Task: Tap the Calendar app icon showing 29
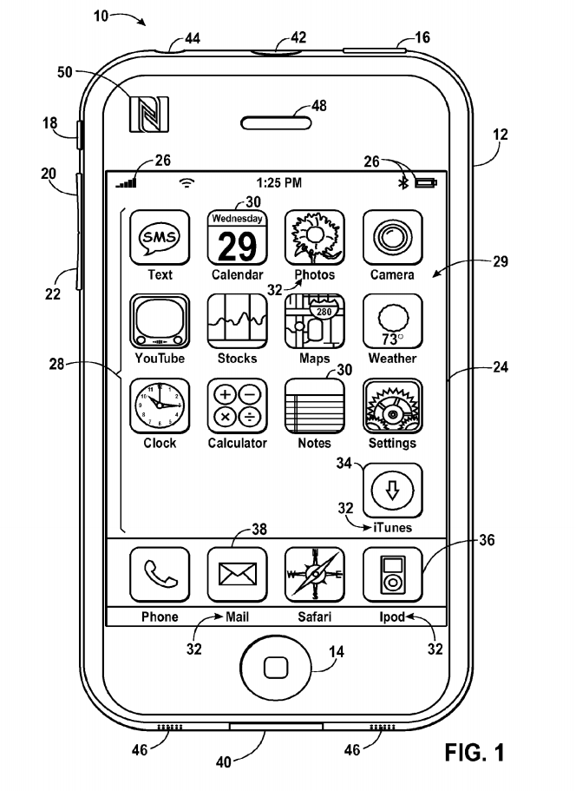point(238,237)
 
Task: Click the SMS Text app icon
point(160,237)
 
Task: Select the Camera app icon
point(393,237)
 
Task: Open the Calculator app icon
point(238,406)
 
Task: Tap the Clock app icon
point(160,406)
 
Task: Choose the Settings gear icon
point(393,406)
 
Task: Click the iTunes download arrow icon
point(393,491)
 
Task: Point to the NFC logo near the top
point(149,114)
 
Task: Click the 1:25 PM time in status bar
point(279,183)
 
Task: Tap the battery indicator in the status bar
point(427,183)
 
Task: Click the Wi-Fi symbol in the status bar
point(186,183)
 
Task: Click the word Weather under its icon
point(392,359)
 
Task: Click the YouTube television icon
point(160,322)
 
